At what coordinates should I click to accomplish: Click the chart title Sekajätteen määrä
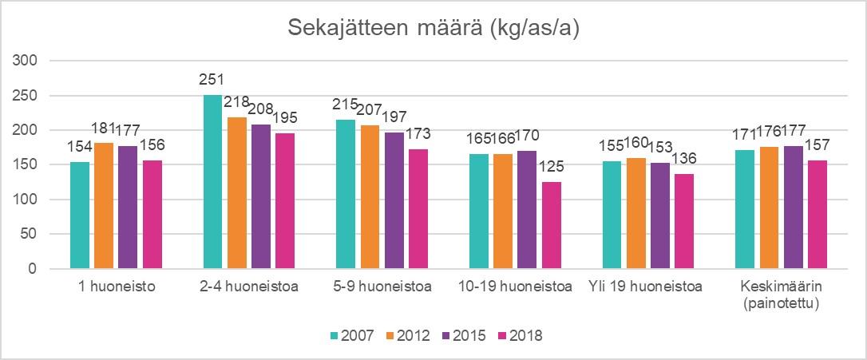point(433,29)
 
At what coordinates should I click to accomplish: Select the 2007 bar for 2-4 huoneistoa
point(212,182)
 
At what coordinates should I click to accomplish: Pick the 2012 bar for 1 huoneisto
point(105,206)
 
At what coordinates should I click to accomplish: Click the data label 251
point(212,80)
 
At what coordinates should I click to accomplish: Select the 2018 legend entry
point(519,335)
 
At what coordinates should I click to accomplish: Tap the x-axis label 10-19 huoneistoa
point(516,287)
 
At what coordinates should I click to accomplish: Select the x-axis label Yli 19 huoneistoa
point(644,287)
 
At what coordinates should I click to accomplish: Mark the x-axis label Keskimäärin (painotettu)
point(779,293)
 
